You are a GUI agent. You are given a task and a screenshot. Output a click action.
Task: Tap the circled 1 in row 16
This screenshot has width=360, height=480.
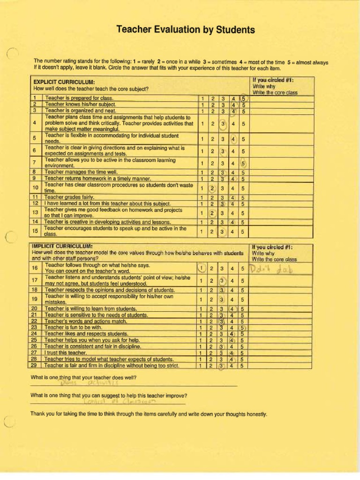(x=202, y=268)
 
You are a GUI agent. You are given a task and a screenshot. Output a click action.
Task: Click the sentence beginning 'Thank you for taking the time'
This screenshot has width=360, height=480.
(x=149, y=414)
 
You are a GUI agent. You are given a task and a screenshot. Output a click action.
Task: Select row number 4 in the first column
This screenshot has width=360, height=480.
(x=35, y=123)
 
